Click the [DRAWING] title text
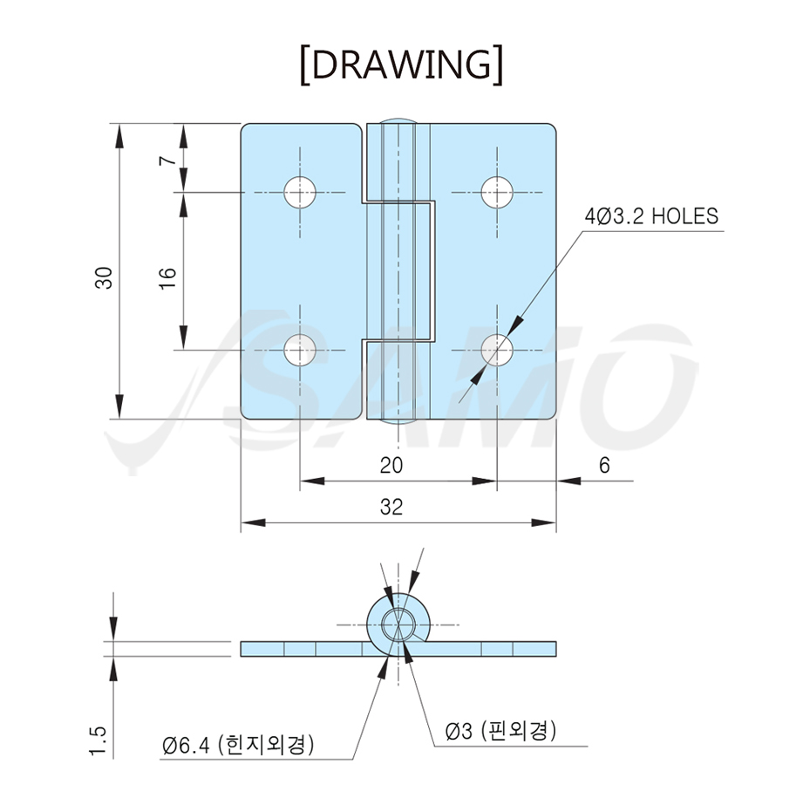click(x=401, y=65)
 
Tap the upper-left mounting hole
click(x=300, y=193)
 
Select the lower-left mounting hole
click(x=300, y=351)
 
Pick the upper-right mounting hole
click(x=497, y=193)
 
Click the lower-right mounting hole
click(x=497, y=351)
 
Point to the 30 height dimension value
click(x=104, y=278)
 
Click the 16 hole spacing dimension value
click(x=167, y=279)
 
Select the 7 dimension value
click(x=167, y=160)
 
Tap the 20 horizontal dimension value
click(x=391, y=465)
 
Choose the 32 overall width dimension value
click(x=391, y=507)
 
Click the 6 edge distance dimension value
click(x=605, y=465)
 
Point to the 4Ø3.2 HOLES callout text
click(x=651, y=216)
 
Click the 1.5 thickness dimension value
click(x=98, y=740)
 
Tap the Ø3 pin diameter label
click(x=500, y=731)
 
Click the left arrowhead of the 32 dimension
click(x=254, y=522)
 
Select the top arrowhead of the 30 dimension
click(x=119, y=136)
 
